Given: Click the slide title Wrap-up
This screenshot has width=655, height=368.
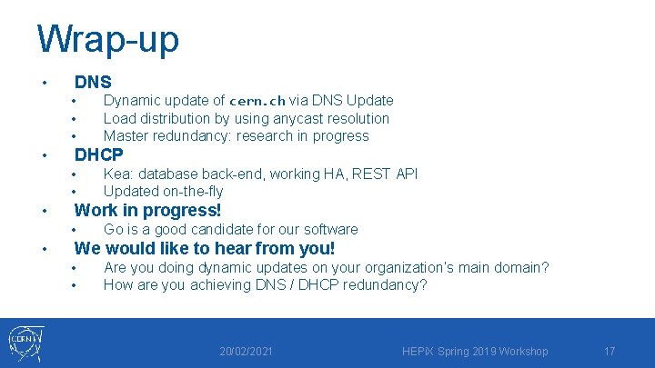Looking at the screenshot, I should [108, 38].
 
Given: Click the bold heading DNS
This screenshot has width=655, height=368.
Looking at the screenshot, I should [93, 82].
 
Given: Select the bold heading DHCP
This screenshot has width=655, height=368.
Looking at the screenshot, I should [98, 154].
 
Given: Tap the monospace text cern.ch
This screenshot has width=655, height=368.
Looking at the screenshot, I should [257, 101].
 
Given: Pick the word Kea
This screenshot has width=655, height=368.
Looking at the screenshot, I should [116, 174].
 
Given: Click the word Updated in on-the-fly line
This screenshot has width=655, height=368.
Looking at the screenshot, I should [131, 191].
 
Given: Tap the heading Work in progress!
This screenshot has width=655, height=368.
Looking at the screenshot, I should [147, 211].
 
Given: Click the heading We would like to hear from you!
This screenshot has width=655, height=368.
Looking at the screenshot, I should [205, 248].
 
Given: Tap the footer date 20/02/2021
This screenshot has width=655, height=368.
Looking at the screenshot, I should [247, 351].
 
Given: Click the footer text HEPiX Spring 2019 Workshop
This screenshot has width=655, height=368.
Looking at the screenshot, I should [474, 351].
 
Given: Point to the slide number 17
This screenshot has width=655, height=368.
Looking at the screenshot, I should [610, 351].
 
